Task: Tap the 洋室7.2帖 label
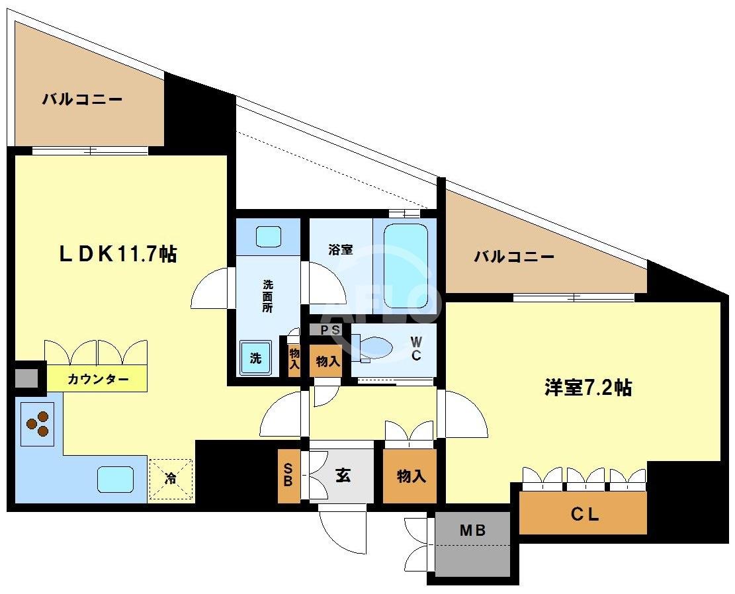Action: pyautogui.click(x=587, y=388)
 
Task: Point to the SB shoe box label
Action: pyautogui.click(x=288, y=475)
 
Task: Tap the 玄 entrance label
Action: pyautogui.click(x=342, y=475)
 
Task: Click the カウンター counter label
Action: pyautogui.click(x=97, y=380)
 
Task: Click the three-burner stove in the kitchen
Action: pyautogui.click(x=38, y=423)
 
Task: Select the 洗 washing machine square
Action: pyautogui.click(x=255, y=358)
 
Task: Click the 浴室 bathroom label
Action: pyautogui.click(x=341, y=250)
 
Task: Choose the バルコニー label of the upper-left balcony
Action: pyautogui.click(x=83, y=100)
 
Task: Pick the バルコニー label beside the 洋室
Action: pyautogui.click(x=514, y=257)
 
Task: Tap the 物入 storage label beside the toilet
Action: pyautogui.click(x=327, y=362)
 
